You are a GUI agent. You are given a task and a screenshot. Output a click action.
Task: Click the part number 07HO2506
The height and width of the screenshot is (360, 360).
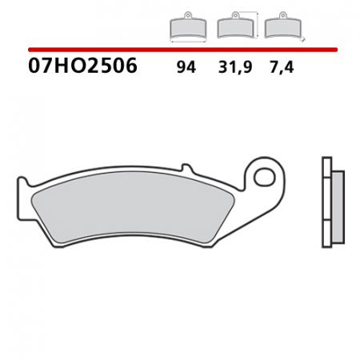pos(83,66)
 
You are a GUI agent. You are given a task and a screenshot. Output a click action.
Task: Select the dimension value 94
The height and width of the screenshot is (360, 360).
pos(186,68)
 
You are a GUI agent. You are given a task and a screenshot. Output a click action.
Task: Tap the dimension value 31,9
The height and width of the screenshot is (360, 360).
pos(235,68)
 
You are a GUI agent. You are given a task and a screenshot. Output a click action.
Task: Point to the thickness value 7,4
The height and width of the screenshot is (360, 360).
pos(282,68)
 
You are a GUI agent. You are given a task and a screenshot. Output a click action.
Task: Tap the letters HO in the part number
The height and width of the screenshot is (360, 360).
pos(66,66)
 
